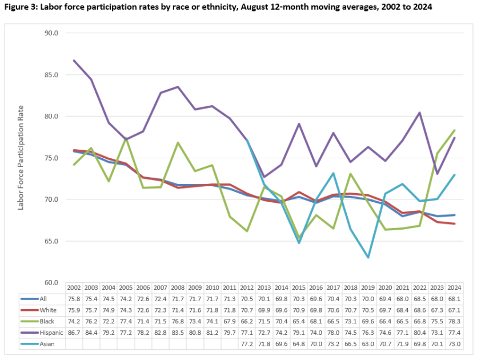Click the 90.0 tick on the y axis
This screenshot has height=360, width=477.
coord(51,33)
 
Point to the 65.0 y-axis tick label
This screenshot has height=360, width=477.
coord(51,241)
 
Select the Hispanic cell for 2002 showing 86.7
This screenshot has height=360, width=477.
coord(74,333)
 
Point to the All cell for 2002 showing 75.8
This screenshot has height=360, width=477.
coord(74,299)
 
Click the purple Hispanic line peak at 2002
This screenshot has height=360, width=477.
coord(74,60)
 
